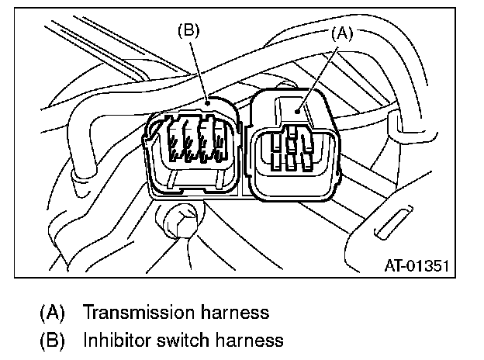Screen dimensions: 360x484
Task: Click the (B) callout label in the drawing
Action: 189,30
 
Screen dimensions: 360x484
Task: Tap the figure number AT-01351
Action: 417,266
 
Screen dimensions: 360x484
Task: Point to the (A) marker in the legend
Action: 52,313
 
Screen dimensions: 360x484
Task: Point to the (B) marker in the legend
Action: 52,339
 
